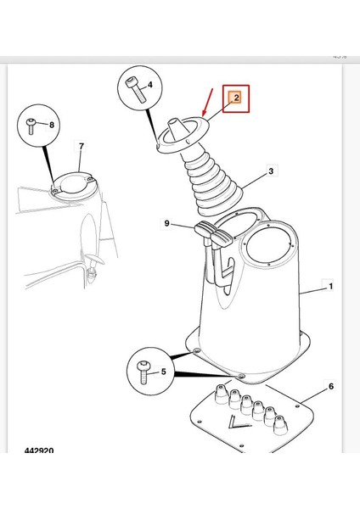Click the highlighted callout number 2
coord(236,97)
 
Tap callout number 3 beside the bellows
coord(271,171)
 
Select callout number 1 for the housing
coord(331,287)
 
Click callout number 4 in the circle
coord(149,85)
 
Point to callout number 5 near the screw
coord(163,372)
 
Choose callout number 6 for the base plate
coord(331,386)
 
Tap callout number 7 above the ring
coord(82,147)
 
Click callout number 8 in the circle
coord(51,125)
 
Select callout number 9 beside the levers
coord(166,223)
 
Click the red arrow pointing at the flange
coord(207,102)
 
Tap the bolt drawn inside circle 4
coord(137,90)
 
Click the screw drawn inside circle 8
coord(31,126)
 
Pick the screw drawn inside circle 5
coord(143,372)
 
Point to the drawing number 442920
coord(39,450)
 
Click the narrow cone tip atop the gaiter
coord(175,129)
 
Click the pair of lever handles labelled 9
coord(213,234)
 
